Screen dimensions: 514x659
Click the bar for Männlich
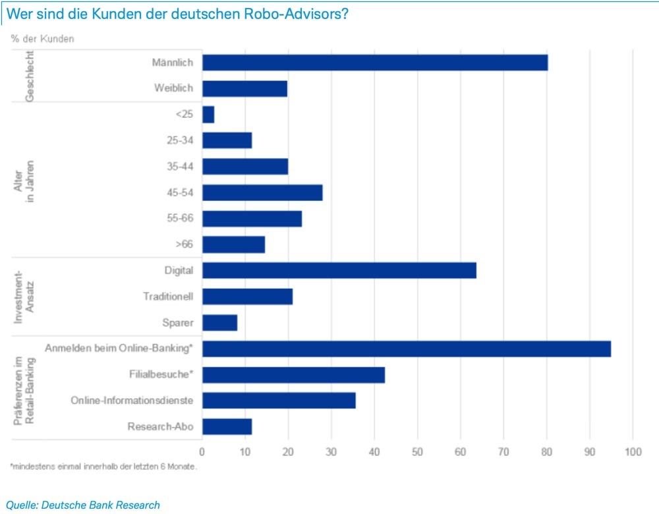pyautogui.click(x=374, y=63)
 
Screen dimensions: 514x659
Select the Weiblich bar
pyautogui.click(x=244, y=88)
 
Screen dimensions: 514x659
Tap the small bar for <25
pyautogui.click(x=208, y=115)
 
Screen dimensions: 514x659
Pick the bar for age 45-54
pyautogui.click(x=262, y=192)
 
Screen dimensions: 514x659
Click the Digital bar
pyautogui.click(x=339, y=270)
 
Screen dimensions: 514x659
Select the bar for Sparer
pyautogui.click(x=219, y=322)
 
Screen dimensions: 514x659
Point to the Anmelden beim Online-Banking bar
pyautogui.click(x=406, y=349)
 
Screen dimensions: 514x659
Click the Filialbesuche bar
pyautogui.click(x=293, y=374)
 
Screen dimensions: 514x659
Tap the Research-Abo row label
pyautogui.click(x=160, y=426)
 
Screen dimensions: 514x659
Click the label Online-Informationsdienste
pyautogui.click(x=132, y=401)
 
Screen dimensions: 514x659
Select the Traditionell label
pyautogui.click(x=167, y=297)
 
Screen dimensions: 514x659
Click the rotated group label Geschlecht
pyautogui.click(x=29, y=76)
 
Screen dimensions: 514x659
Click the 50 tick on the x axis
pyautogui.click(x=417, y=452)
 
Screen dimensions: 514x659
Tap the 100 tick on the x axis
pyautogui.click(x=632, y=452)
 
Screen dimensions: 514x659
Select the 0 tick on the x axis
pyautogui.click(x=202, y=452)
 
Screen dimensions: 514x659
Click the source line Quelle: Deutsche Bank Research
pyautogui.click(x=83, y=505)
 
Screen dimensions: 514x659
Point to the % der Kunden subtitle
pyautogui.click(x=43, y=38)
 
